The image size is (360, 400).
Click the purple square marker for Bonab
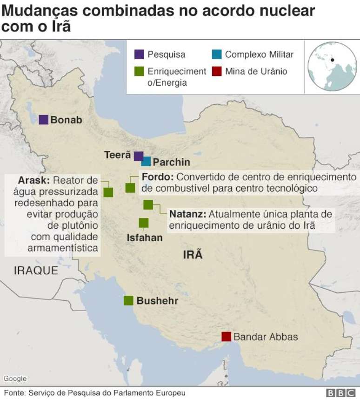point(43,120)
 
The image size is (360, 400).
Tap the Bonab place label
point(66,120)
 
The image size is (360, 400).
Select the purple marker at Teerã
point(139,156)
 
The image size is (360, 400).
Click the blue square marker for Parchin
point(146,162)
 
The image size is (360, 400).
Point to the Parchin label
point(172,163)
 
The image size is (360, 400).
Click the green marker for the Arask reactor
point(108,192)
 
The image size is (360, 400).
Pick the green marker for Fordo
point(130,188)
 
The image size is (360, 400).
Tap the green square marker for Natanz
point(148,204)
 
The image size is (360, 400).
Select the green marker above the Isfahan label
point(144,223)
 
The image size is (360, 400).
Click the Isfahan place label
point(145,238)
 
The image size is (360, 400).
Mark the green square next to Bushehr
point(128,301)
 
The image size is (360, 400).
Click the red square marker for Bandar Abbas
point(227,337)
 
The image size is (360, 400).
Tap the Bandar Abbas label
point(266,337)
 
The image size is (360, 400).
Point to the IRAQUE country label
point(36,271)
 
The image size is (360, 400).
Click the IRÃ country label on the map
point(193,255)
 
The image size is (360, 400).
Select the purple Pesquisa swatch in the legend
point(139,54)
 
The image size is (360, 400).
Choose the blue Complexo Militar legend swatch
point(216,54)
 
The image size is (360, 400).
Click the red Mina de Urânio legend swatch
point(216,71)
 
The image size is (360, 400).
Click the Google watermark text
point(15,379)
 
